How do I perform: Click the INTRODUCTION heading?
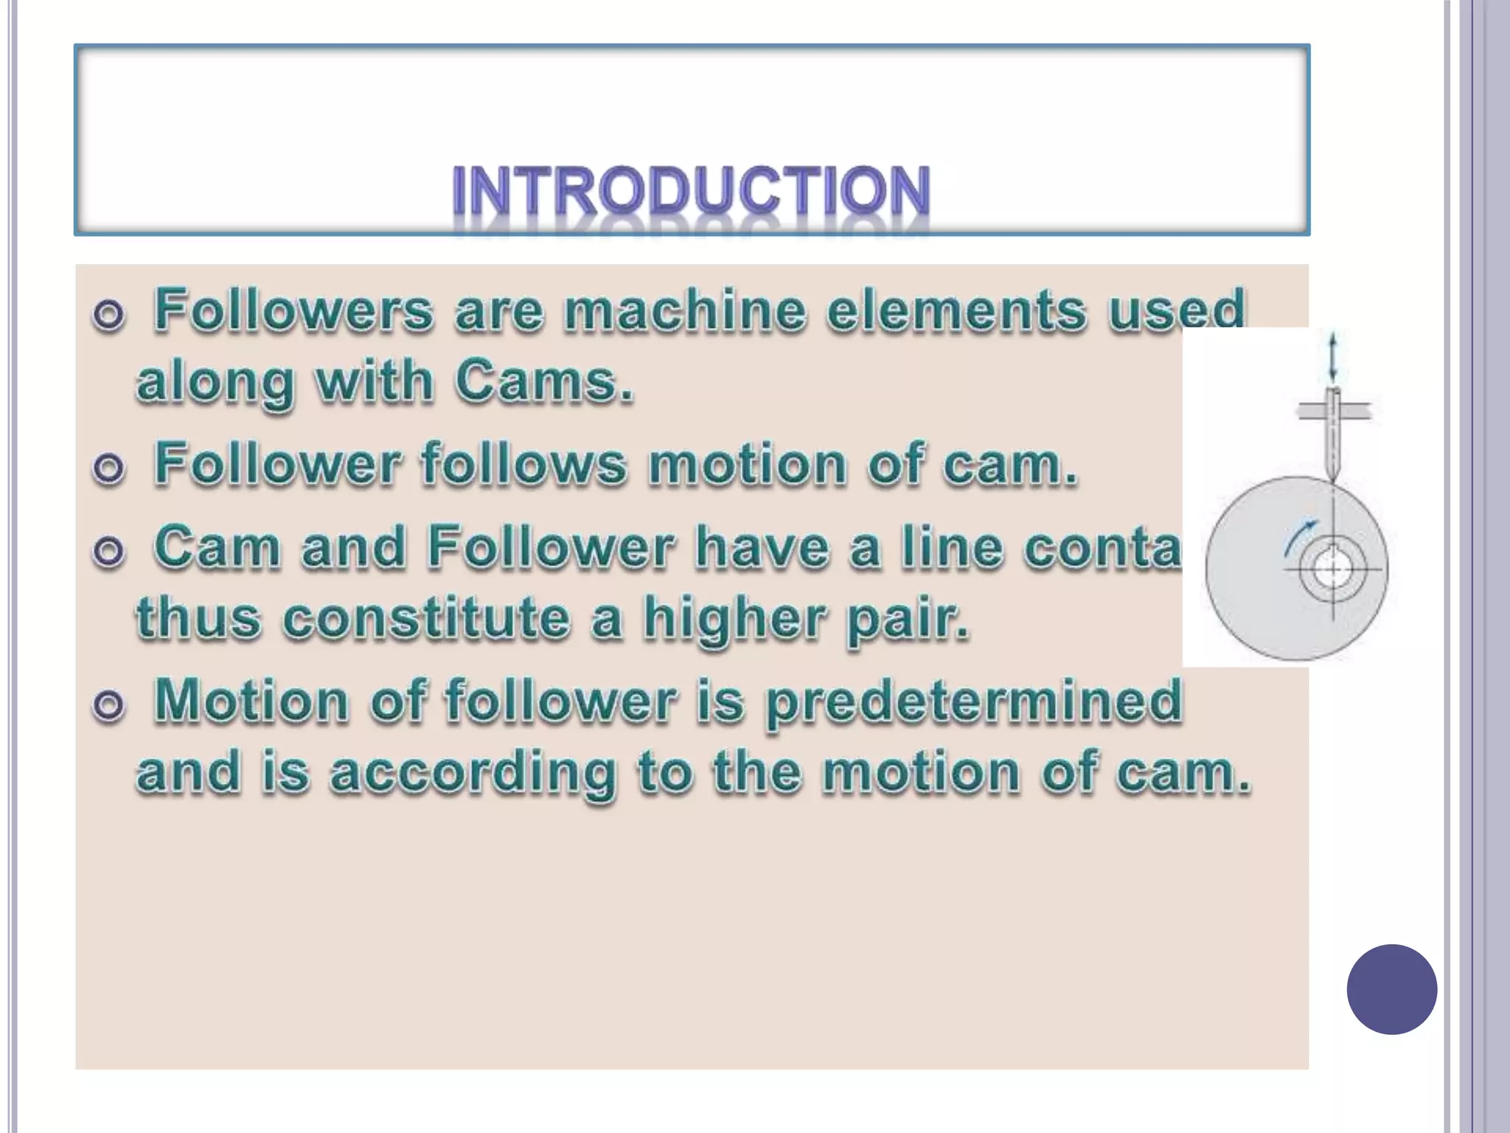tap(691, 191)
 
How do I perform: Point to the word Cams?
tap(543, 383)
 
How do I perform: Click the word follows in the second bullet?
tap(523, 465)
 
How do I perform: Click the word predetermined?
tap(974, 701)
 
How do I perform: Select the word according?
tap(472, 773)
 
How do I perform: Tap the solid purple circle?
tap(1391, 989)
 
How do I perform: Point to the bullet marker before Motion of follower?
tap(108, 706)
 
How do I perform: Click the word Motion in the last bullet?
tap(251, 701)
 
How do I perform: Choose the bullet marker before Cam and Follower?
tap(108, 552)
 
